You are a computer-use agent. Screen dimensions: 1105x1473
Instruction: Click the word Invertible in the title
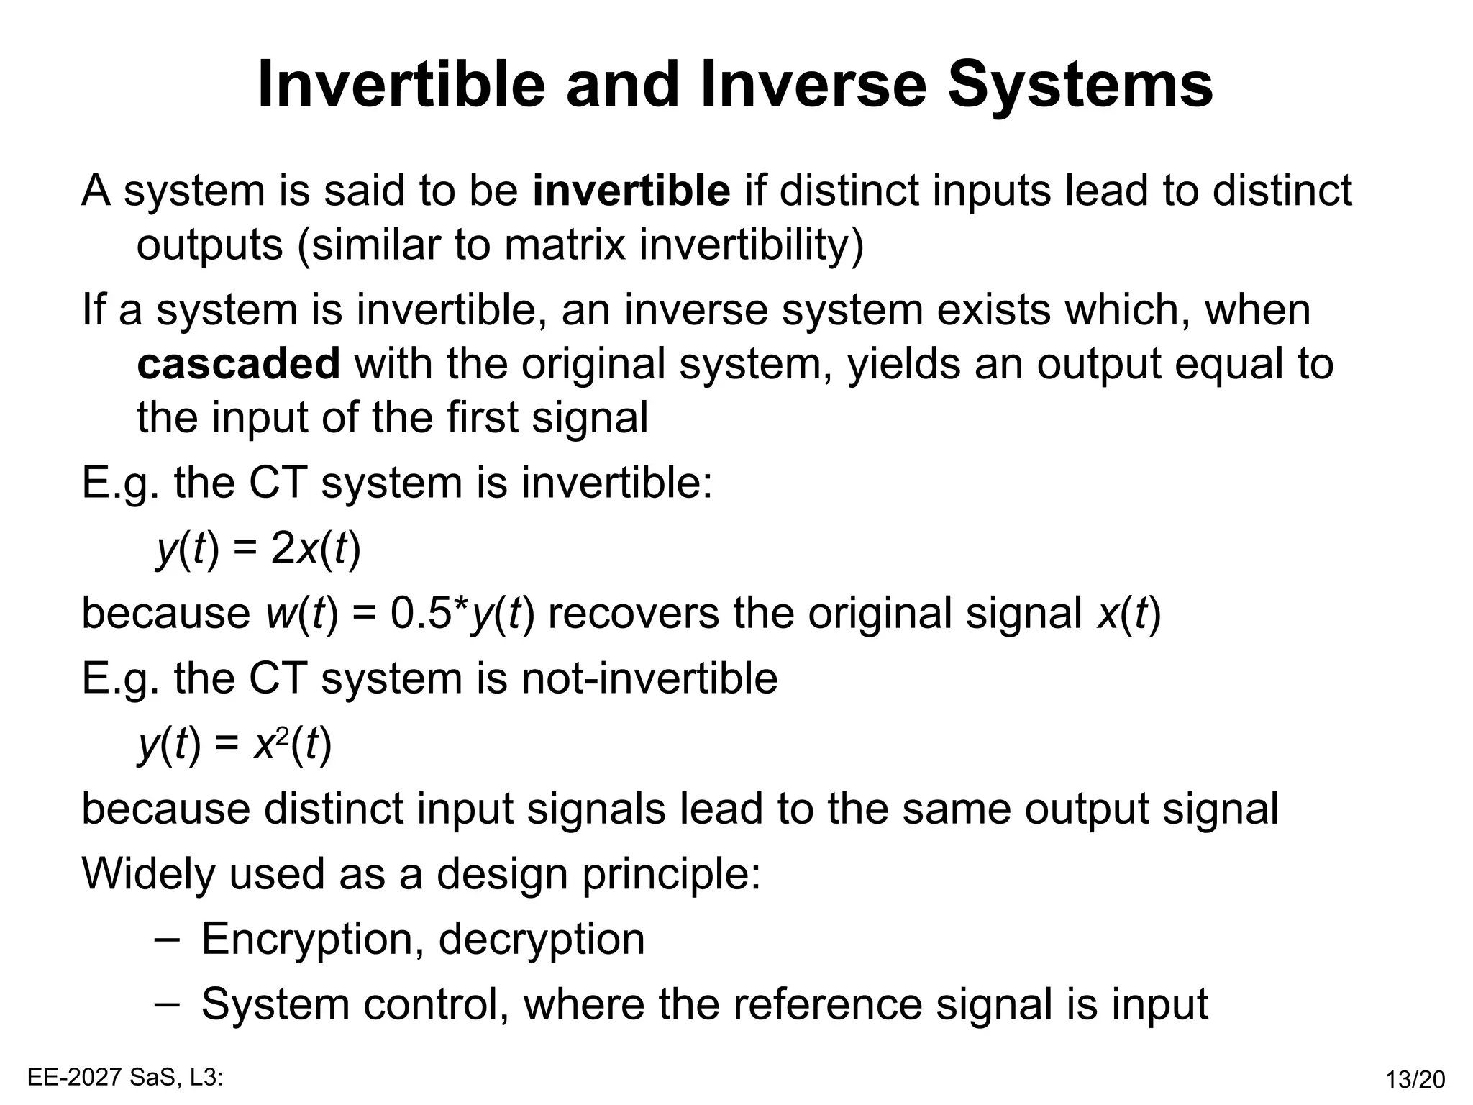(401, 85)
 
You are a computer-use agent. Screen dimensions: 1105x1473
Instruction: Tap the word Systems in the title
(1080, 85)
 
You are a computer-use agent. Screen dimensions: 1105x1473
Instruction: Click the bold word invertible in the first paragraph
(631, 191)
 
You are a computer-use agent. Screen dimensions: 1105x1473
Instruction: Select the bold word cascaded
(238, 364)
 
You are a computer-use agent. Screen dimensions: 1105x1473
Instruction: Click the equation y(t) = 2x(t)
(259, 550)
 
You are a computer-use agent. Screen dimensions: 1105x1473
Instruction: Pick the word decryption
(541, 940)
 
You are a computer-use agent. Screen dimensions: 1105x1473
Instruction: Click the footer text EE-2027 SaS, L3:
(125, 1077)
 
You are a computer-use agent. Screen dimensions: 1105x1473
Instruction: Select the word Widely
(147, 874)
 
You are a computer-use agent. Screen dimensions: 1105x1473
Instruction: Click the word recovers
(633, 614)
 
